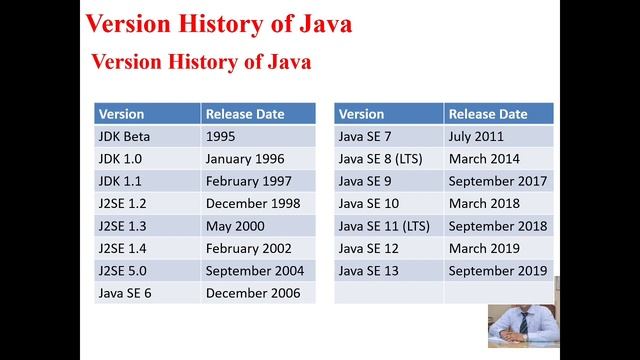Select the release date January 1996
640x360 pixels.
[x=245, y=158]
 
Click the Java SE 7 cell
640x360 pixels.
[x=366, y=136]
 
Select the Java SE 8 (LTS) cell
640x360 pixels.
[x=380, y=158]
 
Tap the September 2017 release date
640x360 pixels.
[x=498, y=181]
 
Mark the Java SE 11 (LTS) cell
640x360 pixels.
[x=384, y=225]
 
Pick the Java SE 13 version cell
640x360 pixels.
[x=369, y=270]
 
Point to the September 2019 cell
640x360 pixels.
[x=498, y=270]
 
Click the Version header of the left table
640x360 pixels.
[x=122, y=114]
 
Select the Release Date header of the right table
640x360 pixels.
[x=487, y=114]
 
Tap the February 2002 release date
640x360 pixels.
[x=249, y=248]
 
